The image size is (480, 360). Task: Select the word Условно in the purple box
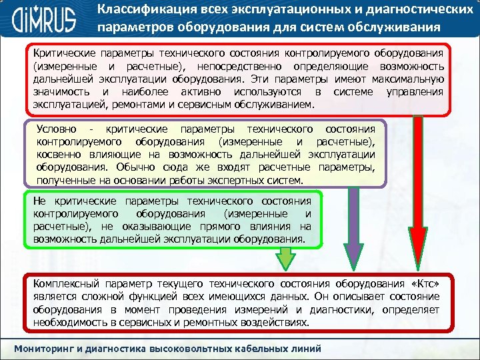tap(57, 128)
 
